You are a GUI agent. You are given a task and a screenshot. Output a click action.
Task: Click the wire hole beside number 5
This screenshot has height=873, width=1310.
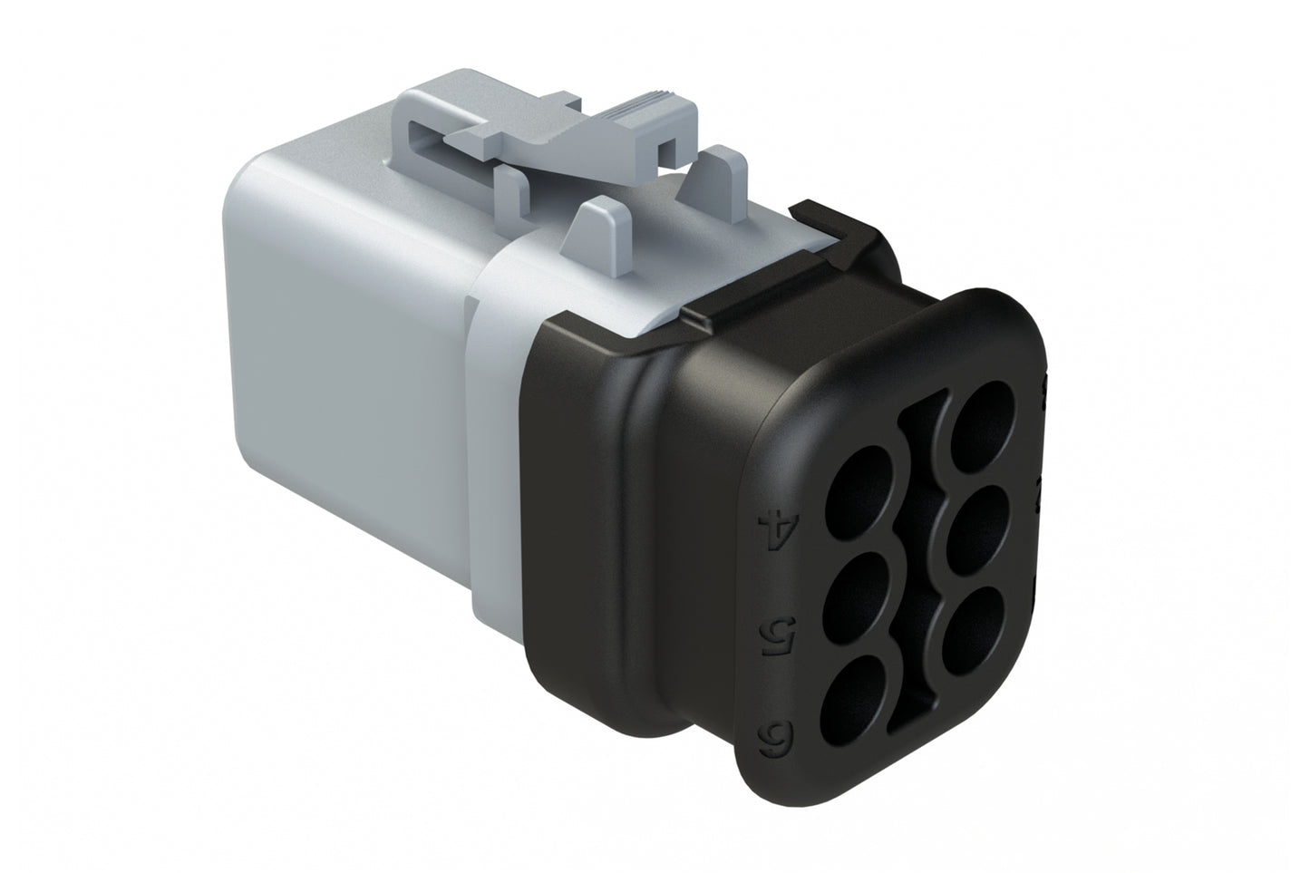click(856, 597)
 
